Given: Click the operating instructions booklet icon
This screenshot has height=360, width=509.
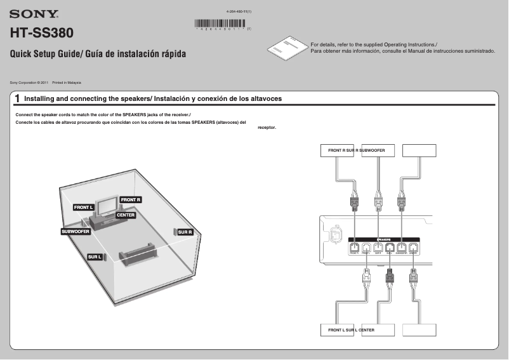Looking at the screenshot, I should (286, 49).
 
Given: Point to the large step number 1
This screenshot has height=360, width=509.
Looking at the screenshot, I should (18, 99).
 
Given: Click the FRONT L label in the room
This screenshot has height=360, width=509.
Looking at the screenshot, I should (83, 208).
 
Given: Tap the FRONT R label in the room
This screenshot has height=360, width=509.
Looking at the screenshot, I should (131, 200).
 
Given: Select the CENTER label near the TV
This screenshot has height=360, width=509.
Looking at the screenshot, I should (126, 216).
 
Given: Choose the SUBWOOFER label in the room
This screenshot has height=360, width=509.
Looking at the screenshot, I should (76, 232).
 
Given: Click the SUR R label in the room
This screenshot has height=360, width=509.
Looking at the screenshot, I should (185, 232).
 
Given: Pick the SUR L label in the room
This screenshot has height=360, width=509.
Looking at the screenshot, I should (95, 257).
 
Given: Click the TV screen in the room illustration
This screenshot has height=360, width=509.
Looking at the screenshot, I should (109, 205).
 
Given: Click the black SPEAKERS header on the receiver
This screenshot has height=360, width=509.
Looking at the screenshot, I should (384, 239).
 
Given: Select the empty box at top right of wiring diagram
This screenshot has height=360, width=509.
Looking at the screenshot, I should (420, 150).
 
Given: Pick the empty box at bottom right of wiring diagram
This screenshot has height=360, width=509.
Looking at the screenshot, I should (420, 330).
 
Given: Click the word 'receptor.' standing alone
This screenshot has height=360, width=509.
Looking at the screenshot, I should (267, 127).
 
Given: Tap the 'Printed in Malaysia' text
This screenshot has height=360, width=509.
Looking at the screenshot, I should (67, 83).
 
